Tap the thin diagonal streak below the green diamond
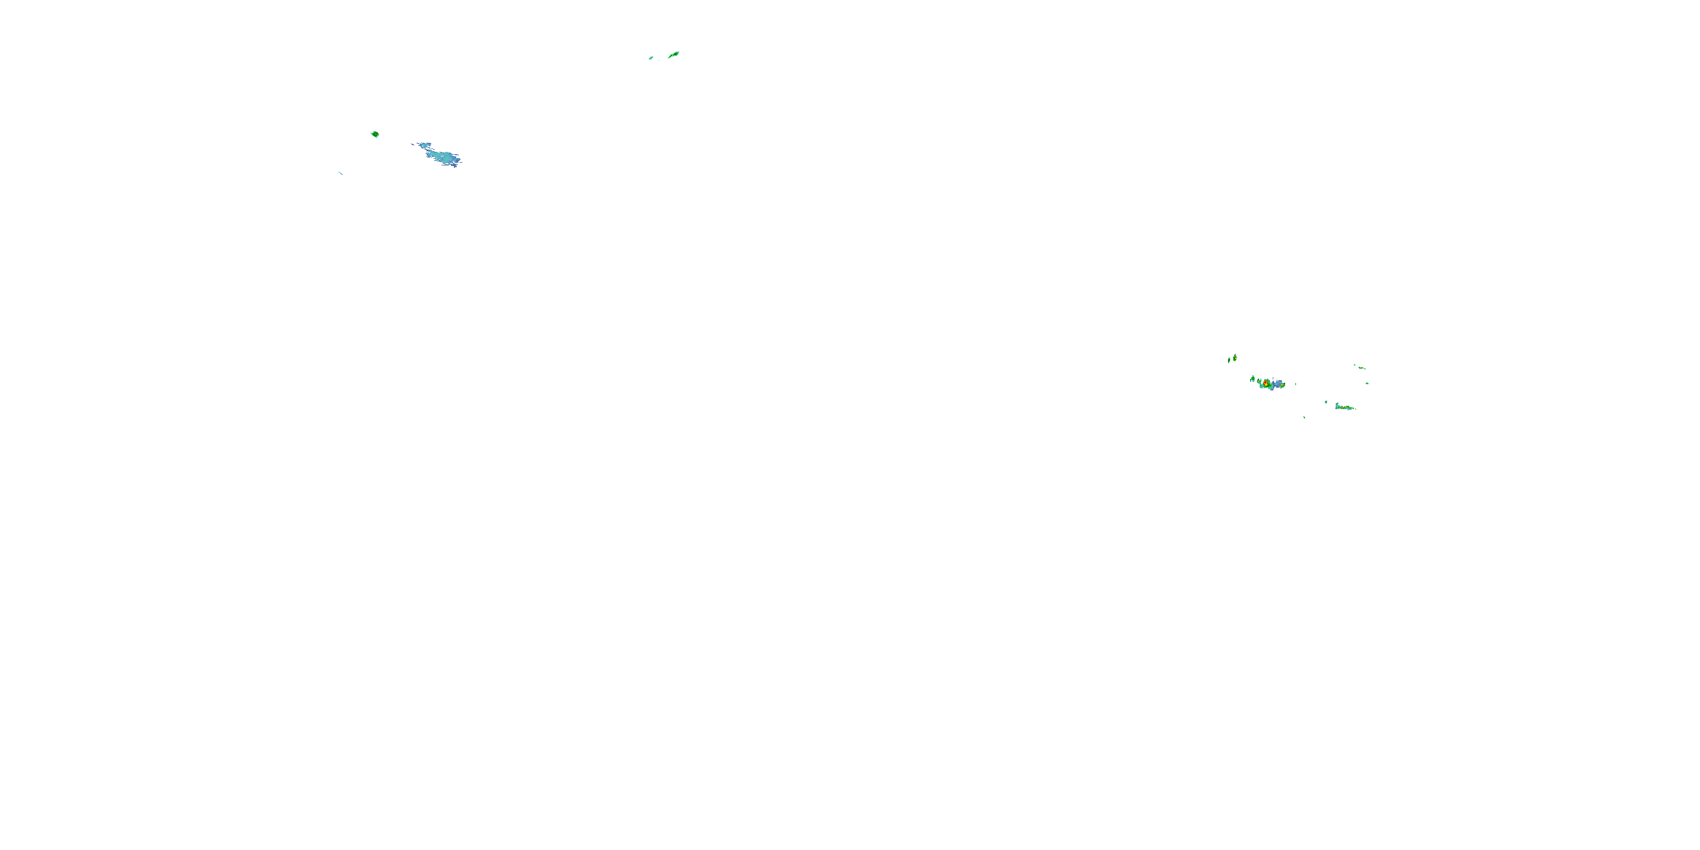pyautogui.click(x=341, y=173)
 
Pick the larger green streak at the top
pyautogui.click(x=673, y=55)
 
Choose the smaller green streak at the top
pyautogui.click(x=651, y=58)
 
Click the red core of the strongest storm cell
pyautogui.click(x=1266, y=382)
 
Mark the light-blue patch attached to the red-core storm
pyautogui.click(x=1278, y=384)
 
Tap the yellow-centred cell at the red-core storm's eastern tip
pyautogui.click(x=1283, y=385)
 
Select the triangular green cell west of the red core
pyautogui.click(x=1253, y=379)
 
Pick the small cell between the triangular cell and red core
pyautogui.click(x=1259, y=381)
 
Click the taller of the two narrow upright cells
pyautogui.click(x=1235, y=358)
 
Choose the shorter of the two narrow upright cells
pyautogui.click(x=1230, y=360)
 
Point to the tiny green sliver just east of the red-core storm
pyautogui.click(x=1296, y=384)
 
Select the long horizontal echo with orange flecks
pyautogui.click(x=1344, y=408)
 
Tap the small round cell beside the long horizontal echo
pyautogui.click(x=1326, y=402)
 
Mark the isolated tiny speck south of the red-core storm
pyautogui.click(x=1304, y=418)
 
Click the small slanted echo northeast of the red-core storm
pyautogui.click(x=1362, y=368)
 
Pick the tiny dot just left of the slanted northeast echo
pyautogui.click(x=1355, y=365)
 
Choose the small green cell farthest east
pyautogui.click(x=1367, y=384)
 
